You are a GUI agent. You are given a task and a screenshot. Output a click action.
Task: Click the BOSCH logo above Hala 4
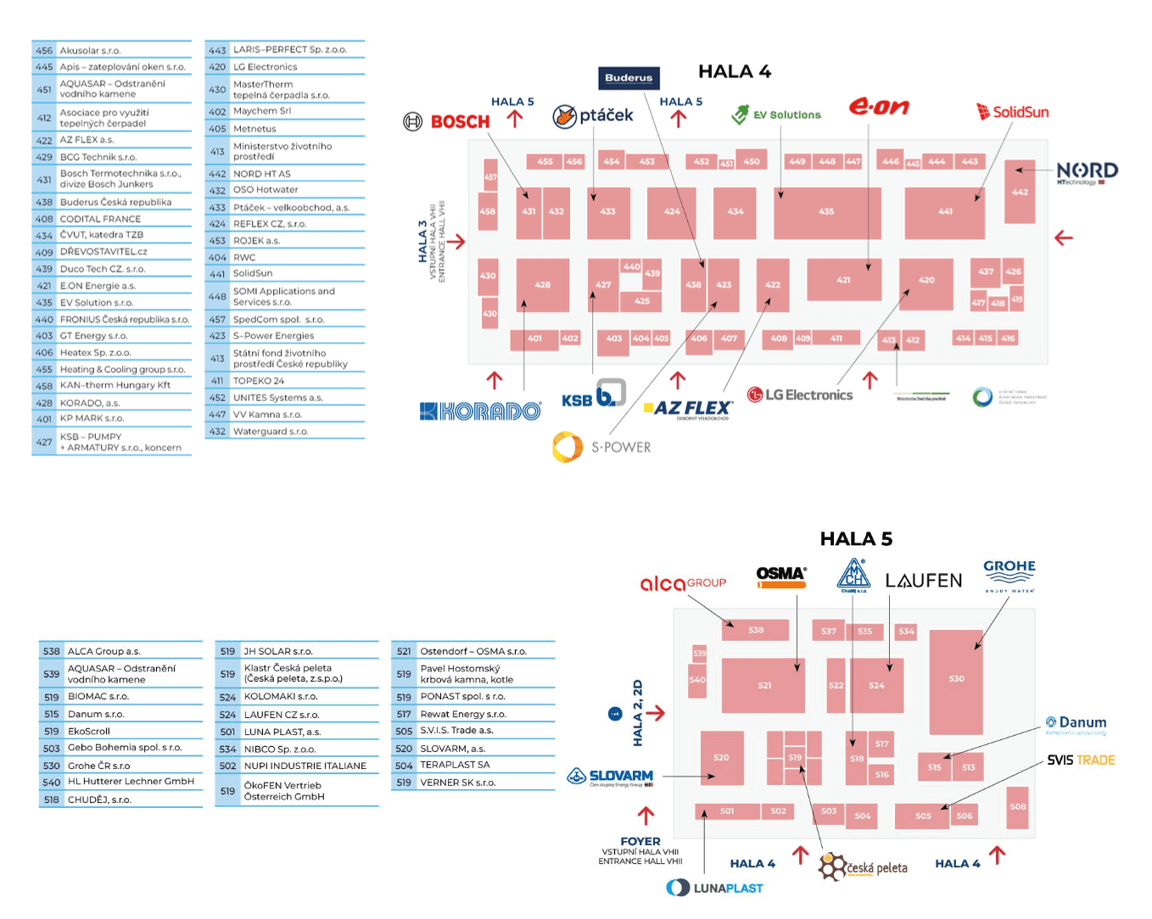(447, 121)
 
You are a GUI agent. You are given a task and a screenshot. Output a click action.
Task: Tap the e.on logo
(879, 107)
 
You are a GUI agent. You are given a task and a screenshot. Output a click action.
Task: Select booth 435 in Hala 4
(826, 213)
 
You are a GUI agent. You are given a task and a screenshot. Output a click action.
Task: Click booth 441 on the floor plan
(944, 213)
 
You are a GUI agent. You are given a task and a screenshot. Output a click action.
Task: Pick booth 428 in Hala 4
(543, 285)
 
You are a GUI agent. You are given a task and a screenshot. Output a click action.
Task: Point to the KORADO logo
(480, 411)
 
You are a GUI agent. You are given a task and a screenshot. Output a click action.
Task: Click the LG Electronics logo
(799, 395)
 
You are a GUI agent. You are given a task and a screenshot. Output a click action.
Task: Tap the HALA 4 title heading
(734, 72)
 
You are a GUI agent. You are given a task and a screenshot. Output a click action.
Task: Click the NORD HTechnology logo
(1087, 172)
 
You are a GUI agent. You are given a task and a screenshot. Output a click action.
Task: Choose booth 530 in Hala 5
(956, 680)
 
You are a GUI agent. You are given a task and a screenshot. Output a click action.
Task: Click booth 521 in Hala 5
(763, 685)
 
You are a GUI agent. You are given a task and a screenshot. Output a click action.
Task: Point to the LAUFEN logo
(923, 581)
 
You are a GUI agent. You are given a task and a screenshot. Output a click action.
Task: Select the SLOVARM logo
(610, 777)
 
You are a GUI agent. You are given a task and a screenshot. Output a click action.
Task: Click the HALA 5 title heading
(856, 539)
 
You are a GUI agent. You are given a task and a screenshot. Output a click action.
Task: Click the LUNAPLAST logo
(715, 888)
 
